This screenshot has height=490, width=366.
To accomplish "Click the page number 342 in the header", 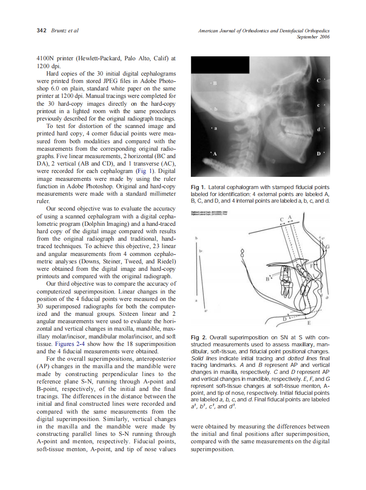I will (x=41, y=31).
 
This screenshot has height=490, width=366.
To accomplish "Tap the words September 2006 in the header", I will (x=313, y=37).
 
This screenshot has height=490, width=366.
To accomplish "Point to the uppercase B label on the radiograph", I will (x=214, y=83).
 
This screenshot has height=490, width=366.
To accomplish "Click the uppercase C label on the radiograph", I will (x=318, y=81).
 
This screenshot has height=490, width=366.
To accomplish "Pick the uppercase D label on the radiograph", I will (x=318, y=154).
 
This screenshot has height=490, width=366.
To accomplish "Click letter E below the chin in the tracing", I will (x=309, y=323).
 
